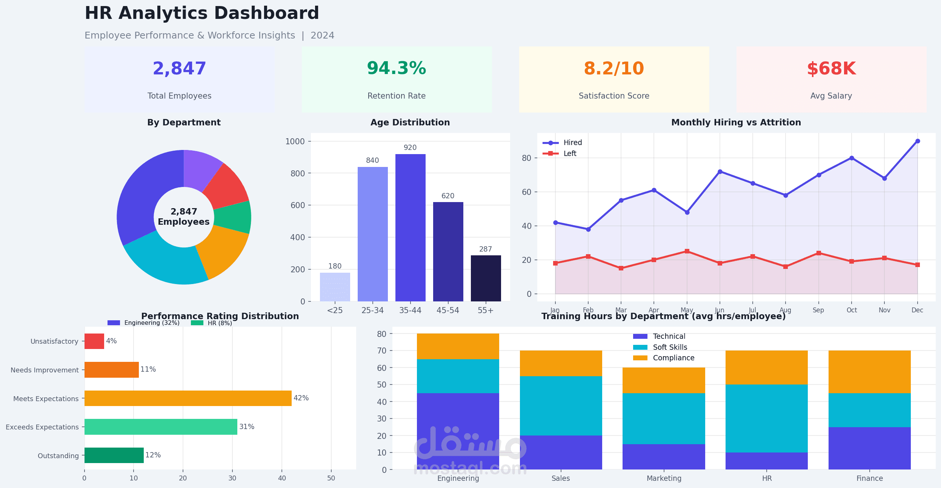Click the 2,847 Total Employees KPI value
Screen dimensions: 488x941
pos(179,69)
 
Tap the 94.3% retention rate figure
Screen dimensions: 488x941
pos(396,68)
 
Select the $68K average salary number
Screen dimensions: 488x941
pos(831,69)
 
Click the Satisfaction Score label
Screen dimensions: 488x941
pos(614,96)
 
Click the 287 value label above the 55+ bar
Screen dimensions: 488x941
pos(486,249)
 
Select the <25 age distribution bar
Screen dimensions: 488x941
pos(335,287)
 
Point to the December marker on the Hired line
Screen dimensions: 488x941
pos(918,141)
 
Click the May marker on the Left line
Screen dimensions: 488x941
pos(687,251)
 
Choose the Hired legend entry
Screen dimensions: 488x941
pos(572,143)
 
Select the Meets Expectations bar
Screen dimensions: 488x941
pos(188,398)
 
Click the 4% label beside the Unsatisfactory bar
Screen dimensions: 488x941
pos(111,341)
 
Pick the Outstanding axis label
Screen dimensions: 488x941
pos(58,456)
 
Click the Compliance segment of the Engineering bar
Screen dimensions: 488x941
pos(458,346)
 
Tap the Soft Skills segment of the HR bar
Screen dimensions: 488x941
pos(766,418)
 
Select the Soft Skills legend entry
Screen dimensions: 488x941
pos(670,347)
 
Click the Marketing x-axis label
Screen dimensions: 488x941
pos(664,479)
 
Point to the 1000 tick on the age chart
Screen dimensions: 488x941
pos(295,142)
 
